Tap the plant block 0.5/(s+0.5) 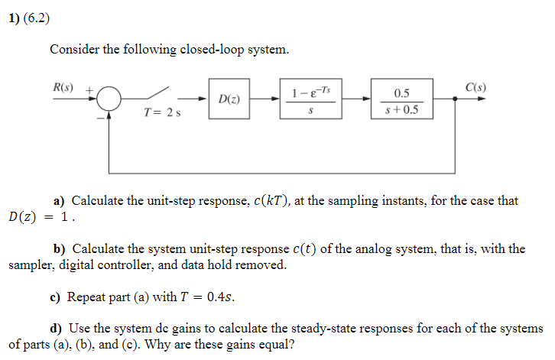coord(401,100)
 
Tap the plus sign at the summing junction coord(89,89)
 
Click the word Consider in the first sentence coord(74,50)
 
